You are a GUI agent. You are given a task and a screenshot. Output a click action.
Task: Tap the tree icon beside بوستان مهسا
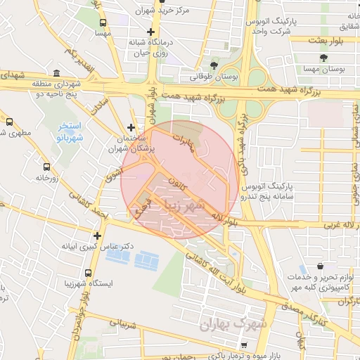point(323,58)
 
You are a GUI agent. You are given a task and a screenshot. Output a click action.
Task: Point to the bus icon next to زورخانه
point(46,167)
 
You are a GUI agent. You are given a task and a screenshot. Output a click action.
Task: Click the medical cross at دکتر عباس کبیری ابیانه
point(97,236)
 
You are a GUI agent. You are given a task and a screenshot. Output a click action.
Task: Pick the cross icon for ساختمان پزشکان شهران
point(131,128)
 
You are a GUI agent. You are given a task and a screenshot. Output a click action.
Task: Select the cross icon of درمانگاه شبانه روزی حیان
point(150,32)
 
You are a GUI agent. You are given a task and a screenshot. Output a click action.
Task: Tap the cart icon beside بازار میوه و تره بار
point(244,345)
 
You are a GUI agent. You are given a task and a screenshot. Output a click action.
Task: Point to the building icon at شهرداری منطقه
point(56,72)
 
